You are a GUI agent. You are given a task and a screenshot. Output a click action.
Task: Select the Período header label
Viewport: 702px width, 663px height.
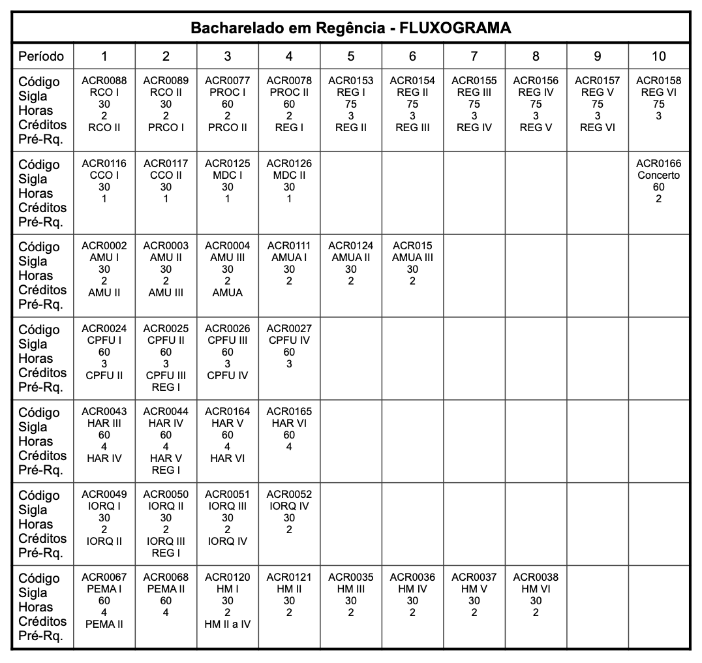tap(41, 56)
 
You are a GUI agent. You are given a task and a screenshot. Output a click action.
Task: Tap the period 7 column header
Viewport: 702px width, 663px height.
tap(474, 56)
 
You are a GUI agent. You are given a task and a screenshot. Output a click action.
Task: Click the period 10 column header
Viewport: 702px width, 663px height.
tap(659, 56)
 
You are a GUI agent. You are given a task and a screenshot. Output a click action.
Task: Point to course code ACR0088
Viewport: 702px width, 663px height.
tap(104, 81)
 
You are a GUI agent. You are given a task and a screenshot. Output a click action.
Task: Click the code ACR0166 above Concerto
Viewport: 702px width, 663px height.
tap(659, 163)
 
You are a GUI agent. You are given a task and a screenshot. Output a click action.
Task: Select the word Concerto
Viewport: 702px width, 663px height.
tap(659, 175)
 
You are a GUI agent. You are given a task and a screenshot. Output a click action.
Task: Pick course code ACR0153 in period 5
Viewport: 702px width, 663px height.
tap(351, 81)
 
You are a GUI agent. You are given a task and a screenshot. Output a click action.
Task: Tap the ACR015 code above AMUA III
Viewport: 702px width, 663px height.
tap(412, 246)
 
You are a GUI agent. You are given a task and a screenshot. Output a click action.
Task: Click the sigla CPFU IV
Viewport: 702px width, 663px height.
tap(289, 341)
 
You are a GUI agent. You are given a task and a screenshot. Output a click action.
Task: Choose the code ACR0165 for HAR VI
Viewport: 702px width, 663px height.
tap(289, 412)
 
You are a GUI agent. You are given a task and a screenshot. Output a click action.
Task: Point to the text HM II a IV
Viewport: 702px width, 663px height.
tap(228, 624)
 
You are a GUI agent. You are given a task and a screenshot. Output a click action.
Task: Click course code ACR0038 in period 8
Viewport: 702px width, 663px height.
tap(536, 578)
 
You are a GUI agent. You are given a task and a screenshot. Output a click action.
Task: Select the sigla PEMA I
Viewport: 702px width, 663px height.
tap(104, 589)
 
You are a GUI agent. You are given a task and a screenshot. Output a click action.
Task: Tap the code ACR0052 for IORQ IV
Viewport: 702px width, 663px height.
tap(289, 494)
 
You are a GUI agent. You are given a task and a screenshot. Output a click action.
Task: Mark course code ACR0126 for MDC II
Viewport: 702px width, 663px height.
tap(289, 163)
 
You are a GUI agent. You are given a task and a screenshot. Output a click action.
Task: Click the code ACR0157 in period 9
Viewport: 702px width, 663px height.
tap(598, 81)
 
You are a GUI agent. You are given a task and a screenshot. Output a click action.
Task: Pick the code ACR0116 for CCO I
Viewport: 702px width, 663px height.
tap(104, 163)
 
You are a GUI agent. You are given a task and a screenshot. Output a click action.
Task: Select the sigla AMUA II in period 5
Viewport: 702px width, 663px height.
tap(351, 258)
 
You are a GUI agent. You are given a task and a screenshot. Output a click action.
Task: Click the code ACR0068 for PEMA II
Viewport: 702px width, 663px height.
tap(166, 578)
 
